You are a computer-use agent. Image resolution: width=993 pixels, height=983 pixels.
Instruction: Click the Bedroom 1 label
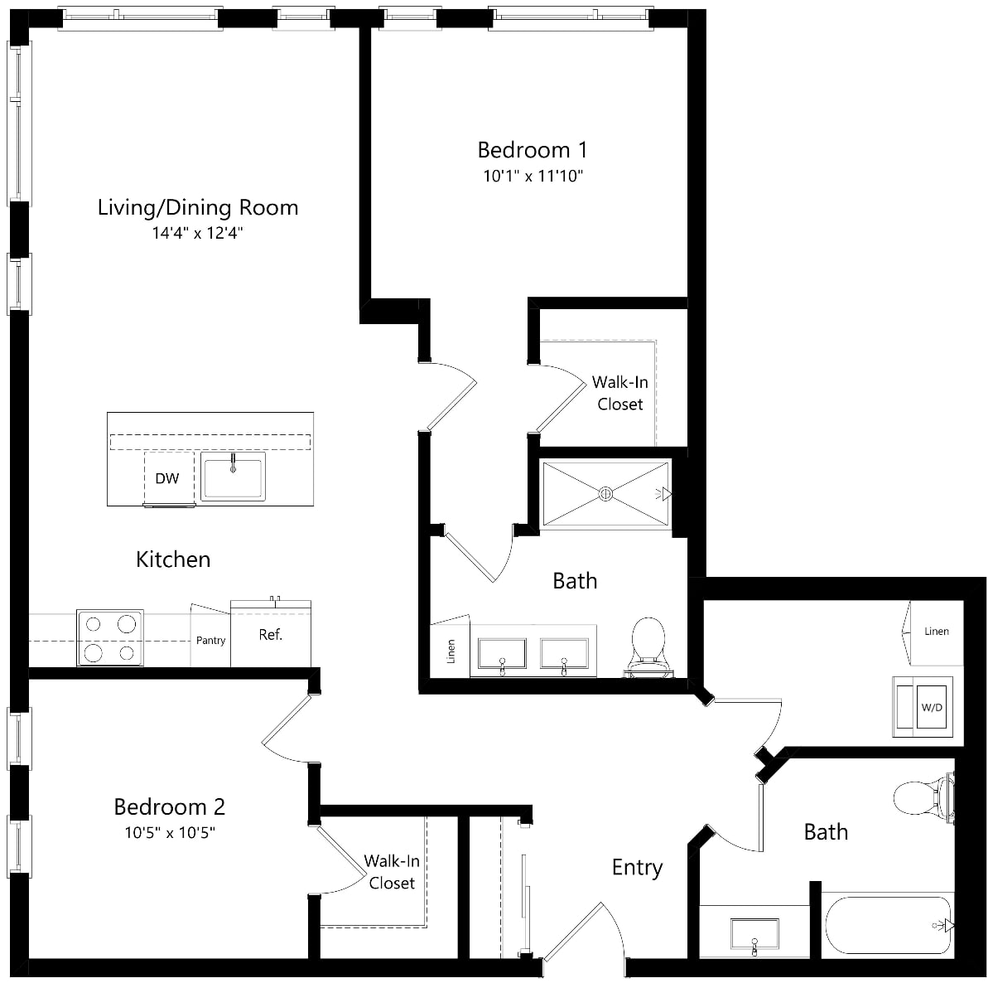pyautogui.click(x=533, y=150)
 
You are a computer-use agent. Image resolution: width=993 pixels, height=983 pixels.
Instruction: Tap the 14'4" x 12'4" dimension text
pyautogui.click(x=198, y=233)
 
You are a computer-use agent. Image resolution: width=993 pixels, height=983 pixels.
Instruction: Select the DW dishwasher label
pyautogui.click(x=167, y=478)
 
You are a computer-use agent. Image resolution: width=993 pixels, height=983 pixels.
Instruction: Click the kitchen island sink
pyautogui.click(x=233, y=476)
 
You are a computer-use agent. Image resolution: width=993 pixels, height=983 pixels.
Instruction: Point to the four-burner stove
pyautogui.click(x=110, y=637)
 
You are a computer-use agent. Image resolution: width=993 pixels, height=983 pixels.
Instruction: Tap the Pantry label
pyautogui.click(x=211, y=640)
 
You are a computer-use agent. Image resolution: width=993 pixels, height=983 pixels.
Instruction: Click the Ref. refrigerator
pyautogui.click(x=271, y=634)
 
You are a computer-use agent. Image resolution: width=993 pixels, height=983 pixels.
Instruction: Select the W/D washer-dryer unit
pyautogui.click(x=923, y=707)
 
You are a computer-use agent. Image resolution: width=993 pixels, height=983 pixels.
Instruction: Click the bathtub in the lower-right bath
pyautogui.click(x=889, y=925)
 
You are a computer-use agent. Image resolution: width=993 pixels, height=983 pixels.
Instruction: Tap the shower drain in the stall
pyautogui.click(x=605, y=493)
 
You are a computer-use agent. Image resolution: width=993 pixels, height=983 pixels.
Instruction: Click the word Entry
pyautogui.click(x=637, y=868)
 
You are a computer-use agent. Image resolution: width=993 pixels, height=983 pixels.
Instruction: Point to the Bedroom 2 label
pyautogui.click(x=169, y=806)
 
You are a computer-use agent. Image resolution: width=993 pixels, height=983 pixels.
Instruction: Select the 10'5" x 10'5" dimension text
pyautogui.click(x=170, y=832)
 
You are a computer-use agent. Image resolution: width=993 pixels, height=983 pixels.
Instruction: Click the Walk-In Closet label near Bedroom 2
pyautogui.click(x=392, y=872)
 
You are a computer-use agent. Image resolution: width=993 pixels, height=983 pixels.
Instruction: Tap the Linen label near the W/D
pyautogui.click(x=936, y=632)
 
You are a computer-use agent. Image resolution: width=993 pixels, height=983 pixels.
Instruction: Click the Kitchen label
pyautogui.click(x=173, y=559)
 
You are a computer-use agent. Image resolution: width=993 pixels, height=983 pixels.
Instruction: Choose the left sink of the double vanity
pyautogui.click(x=502, y=655)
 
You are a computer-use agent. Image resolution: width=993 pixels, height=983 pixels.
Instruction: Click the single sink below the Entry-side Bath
pyautogui.click(x=754, y=933)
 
